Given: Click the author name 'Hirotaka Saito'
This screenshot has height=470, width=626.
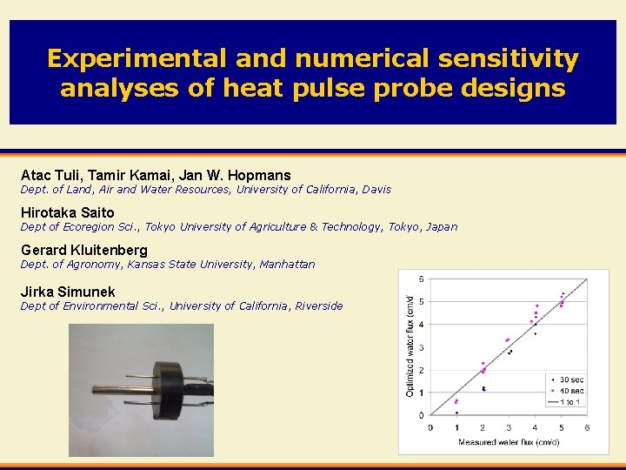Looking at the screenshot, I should [67, 212].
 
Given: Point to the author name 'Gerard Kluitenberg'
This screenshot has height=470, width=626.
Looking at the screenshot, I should [83, 250].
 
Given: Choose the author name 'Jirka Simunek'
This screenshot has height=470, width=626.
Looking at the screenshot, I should [68, 292].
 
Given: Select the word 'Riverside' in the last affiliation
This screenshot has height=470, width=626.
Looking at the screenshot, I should [318, 305].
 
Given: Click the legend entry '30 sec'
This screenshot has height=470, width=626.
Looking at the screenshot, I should [570, 379].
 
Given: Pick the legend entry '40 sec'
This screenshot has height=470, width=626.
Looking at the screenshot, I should [570, 391].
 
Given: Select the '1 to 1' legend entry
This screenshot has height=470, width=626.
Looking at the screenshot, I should [570, 402].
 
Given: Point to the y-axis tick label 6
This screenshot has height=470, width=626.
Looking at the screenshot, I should [423, 279].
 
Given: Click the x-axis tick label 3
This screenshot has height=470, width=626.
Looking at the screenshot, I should [509, 428].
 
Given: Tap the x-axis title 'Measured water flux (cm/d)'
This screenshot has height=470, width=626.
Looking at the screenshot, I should [509, 442].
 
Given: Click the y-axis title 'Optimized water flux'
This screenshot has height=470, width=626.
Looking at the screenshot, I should [410, 346].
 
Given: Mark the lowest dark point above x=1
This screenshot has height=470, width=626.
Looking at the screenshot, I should [457, 413].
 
